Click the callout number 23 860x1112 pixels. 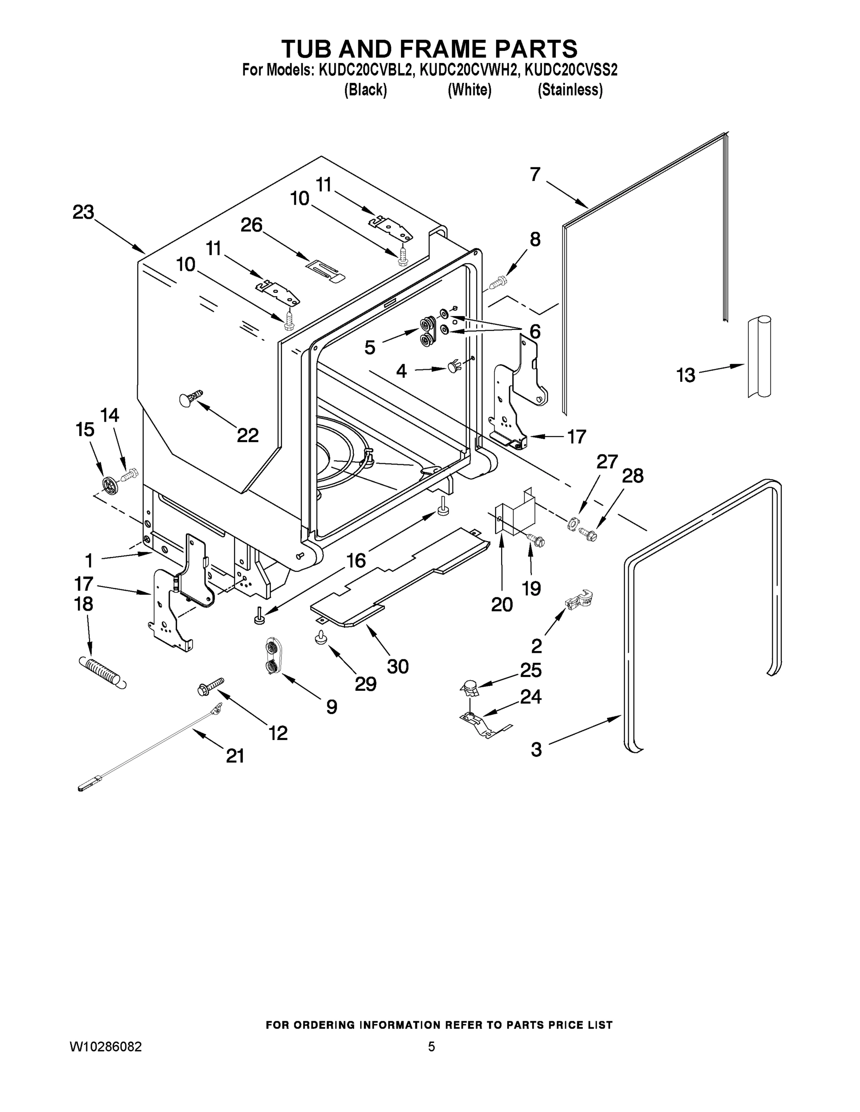click(x=83, y=212)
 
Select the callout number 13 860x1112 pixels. click(x=685, y=375)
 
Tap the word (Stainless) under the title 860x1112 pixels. click(x=570, y=90)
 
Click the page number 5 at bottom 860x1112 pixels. click(x=431, y=1046)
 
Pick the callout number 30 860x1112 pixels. click(x=397, y=666)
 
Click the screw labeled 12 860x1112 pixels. click(x=210, y=686)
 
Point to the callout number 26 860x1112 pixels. click(x=251, y=225)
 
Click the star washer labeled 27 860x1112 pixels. click(x=573, y=524)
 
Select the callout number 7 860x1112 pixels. click(x=535, y=175)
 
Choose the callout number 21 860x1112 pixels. click(x=235, y=756)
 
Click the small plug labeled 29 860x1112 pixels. click(x=320, y=637)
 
